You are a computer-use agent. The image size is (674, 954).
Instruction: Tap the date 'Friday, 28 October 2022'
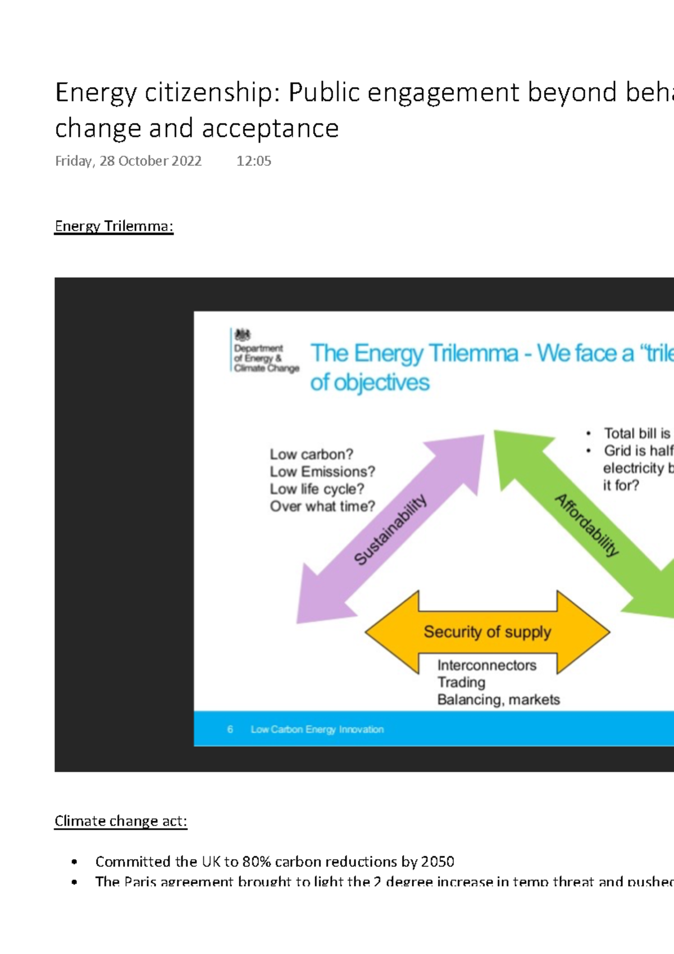[x=128, y=161]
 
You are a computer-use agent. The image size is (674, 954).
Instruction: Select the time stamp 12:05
[x=253, y=161]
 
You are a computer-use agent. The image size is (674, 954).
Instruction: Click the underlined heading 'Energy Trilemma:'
[x=113, y=226]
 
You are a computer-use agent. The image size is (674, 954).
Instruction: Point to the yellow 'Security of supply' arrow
[x=487, y=632]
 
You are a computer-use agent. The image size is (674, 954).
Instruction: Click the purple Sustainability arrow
[x=390, y=528]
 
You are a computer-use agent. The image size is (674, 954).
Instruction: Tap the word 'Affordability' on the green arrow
[x=587, y=525]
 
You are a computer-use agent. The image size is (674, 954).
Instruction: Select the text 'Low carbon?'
[x=311, y=454]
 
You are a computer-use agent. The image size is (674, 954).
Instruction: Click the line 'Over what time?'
[x=322, y=506]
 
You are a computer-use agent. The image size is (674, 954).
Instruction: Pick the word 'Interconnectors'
[x=486, y=665]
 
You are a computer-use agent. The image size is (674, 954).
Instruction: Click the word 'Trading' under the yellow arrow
[x=461, y=682]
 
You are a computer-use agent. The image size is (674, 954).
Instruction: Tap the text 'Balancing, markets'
[x=498, y=699]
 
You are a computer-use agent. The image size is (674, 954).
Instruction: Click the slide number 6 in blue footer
[x=230, y=729]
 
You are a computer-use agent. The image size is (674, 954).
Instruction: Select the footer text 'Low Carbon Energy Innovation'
[x=317, y=729]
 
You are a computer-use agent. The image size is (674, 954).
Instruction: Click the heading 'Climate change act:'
[x=120, y=821]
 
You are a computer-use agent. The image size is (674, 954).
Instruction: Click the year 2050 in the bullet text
[x=437, y=862]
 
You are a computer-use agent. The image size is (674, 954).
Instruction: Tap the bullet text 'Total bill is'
[x=637, y=433]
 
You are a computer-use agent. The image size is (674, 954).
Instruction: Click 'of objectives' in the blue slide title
[x=370, y=383]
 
